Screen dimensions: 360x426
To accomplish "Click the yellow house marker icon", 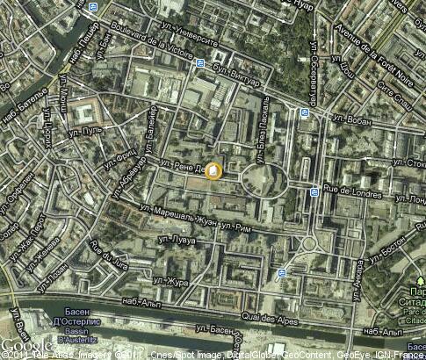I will [x=213, y=170].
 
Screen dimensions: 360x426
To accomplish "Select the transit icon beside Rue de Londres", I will [x=314, y=191].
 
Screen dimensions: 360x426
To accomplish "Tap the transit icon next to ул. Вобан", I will [x=304, y=112].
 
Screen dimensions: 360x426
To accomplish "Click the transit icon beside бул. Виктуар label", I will [x=200, y=63].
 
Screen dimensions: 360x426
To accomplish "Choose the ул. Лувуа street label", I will [x=176, y=238].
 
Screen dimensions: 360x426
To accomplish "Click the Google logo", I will [x=19, y=346].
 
